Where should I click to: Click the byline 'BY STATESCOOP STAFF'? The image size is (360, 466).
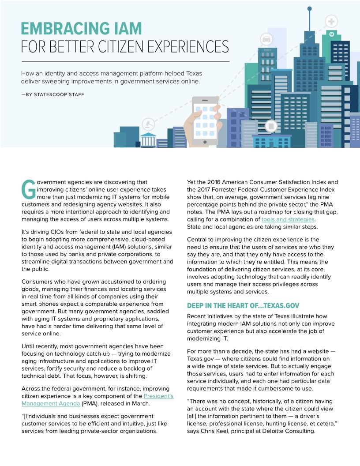55,94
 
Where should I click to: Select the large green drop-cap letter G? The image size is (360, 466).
28,189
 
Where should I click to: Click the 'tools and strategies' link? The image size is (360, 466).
288,219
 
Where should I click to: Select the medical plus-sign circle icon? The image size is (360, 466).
331,21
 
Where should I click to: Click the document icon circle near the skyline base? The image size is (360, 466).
271,127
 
